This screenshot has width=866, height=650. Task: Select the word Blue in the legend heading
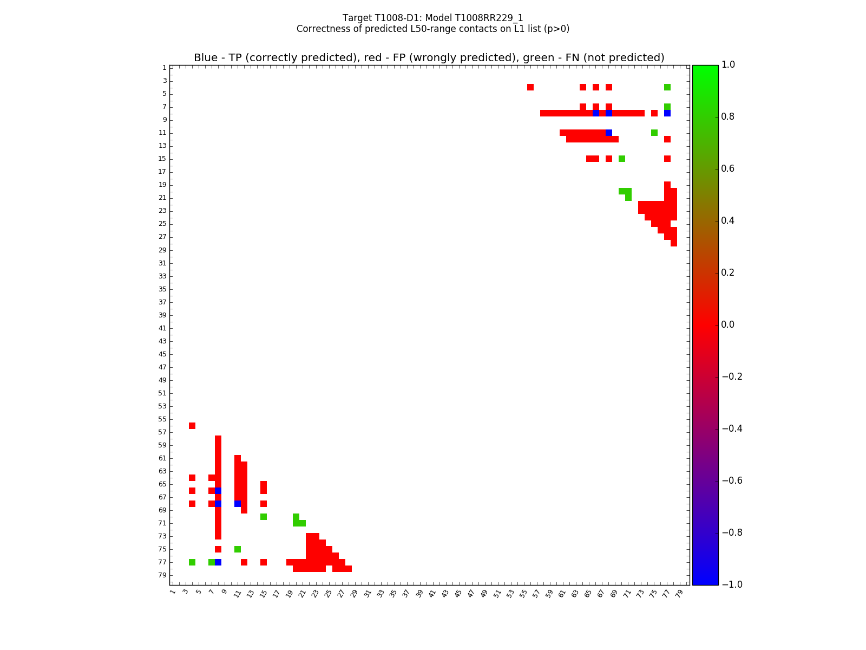[206, 58]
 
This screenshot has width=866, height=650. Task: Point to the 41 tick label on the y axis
[162, 328]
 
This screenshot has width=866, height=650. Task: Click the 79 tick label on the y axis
[162, 575]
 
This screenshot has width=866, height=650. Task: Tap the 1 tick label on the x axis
[172, 593]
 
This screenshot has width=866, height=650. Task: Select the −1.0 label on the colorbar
[730, 584]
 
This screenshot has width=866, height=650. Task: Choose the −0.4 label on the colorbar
[730, 428]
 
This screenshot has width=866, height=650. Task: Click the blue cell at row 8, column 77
[667, 113]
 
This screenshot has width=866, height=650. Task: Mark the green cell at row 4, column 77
[667, 87]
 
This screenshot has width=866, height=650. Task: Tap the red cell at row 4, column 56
[530, 87]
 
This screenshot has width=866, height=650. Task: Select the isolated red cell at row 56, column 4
[192, 426]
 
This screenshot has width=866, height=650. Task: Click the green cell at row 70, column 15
[264, 517]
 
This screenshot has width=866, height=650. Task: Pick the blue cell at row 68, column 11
[238, 504]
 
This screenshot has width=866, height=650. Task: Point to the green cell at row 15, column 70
[622, 159]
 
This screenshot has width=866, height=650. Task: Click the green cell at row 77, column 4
[192, 562]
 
